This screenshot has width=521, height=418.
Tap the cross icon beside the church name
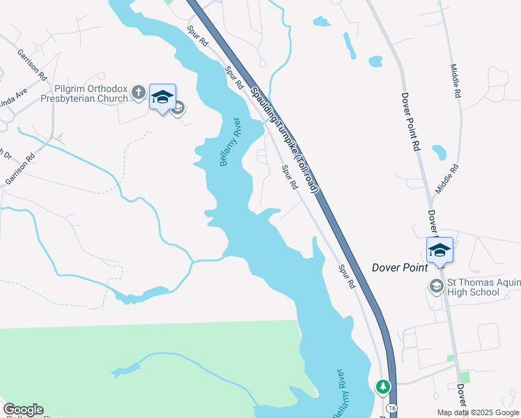click(139, 92)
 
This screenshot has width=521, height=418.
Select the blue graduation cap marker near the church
click(162, 98)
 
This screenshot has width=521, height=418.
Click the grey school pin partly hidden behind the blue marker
click(178, 107)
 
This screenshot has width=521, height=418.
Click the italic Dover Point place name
click(400, 267)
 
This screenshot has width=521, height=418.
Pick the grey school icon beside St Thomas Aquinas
click(436, 286)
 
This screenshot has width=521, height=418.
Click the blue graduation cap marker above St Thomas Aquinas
click(440, 250)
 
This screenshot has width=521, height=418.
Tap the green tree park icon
click(382, 385)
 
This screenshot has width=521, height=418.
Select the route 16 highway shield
click(393, 408)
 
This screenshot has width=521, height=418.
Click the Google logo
click(23, 410)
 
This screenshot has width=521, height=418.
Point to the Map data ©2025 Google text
click(477, 412)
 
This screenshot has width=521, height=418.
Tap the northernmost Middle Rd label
click(456, 80)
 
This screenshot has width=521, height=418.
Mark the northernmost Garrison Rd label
click(32, 64)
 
